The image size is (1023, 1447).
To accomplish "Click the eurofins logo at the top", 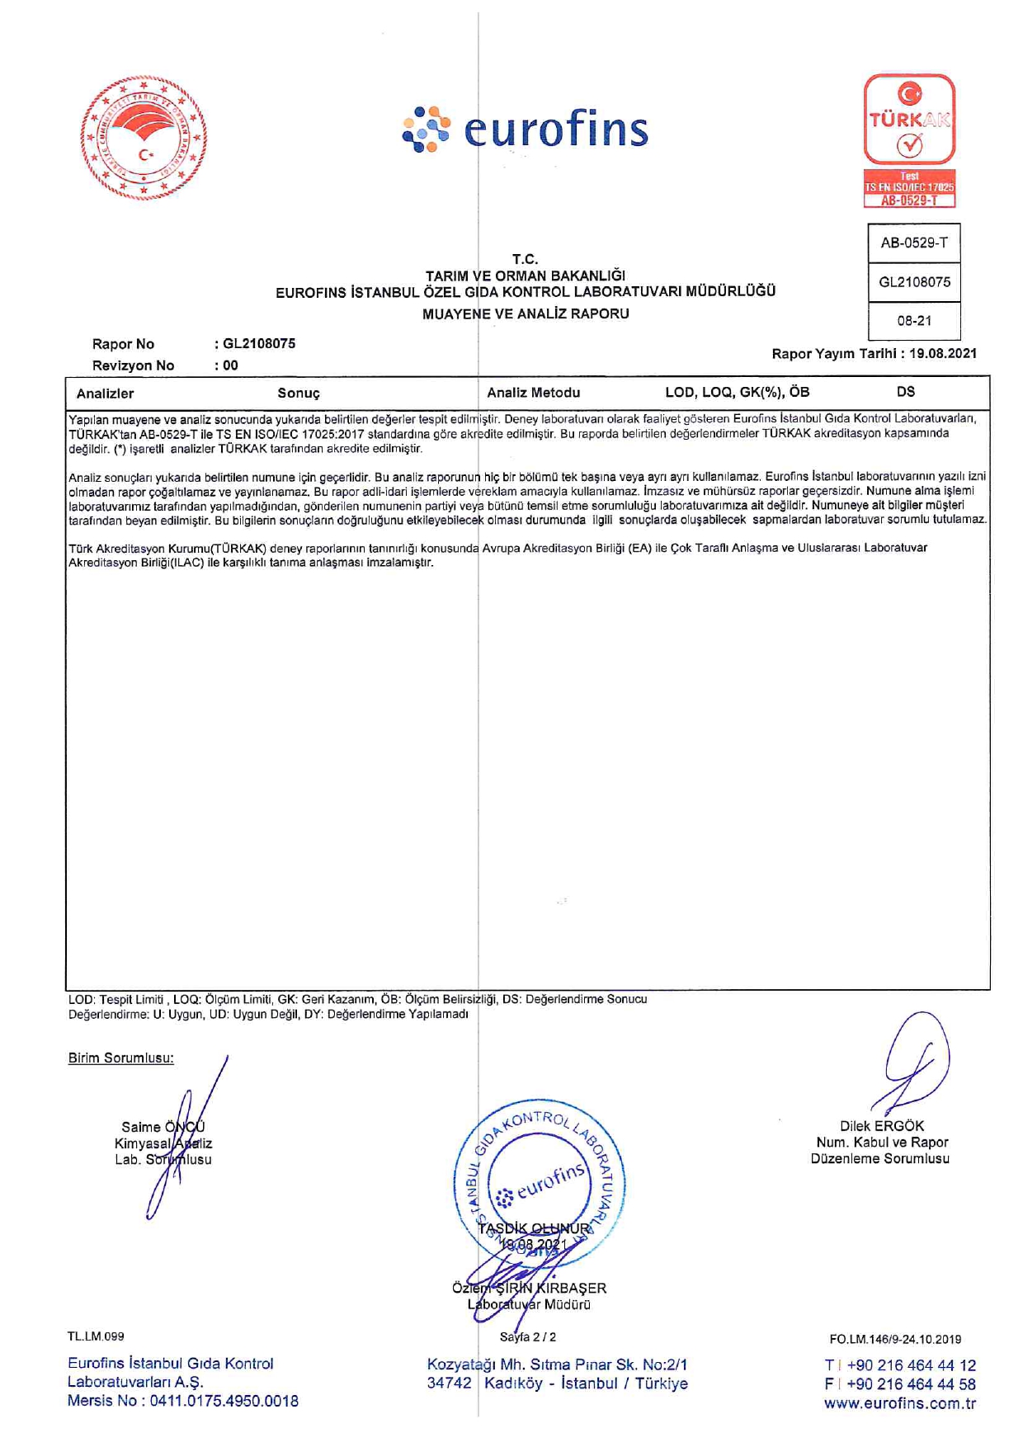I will point(526,130).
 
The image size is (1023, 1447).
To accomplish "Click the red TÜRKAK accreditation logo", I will point(909,139).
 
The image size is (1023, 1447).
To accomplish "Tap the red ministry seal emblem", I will point(144,138).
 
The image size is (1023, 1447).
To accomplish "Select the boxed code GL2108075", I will point(914,282).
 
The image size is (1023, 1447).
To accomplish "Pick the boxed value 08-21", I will point(914,321).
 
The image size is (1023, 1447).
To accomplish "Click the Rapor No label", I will point(123,344).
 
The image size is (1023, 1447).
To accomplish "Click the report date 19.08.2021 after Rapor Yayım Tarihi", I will point(943,354).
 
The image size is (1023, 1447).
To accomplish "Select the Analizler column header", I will point(105,394).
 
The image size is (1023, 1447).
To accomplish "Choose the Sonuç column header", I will point(299,394).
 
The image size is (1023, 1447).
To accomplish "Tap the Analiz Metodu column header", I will point(533,393).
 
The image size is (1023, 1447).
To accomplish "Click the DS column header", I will point(906,392).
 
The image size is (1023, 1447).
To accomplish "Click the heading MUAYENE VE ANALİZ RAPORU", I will point(526,313).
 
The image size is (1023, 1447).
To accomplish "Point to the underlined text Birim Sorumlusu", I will point(120,1058).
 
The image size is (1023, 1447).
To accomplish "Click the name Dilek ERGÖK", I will point(882,1126).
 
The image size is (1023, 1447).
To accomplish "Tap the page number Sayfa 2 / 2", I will point(528,1336).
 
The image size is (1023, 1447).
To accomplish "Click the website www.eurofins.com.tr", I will point(899,1403).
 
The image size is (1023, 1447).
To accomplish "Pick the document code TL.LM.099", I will point(96,1336).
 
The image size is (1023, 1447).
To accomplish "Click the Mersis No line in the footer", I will point(183,1401).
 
